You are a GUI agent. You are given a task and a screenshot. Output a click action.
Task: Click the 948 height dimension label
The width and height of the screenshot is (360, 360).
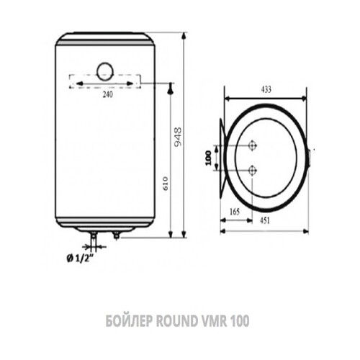tap(178, 137)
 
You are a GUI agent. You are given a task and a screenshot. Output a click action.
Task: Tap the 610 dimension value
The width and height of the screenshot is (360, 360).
tap(166, 184)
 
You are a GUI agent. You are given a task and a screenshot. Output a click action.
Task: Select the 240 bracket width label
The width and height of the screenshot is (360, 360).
tap(107, 94)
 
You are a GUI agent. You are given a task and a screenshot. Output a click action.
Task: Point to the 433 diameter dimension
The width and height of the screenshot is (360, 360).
tap(266, 89)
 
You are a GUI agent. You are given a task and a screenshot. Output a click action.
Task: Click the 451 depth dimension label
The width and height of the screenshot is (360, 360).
tap(265, 220)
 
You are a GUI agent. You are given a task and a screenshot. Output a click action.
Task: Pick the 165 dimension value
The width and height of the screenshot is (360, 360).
tap(235, 212)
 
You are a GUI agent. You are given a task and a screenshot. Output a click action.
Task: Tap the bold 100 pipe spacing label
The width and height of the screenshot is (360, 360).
tap(208, 158)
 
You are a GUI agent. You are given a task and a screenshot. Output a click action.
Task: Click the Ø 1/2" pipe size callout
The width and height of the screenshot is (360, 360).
tap(79, 258)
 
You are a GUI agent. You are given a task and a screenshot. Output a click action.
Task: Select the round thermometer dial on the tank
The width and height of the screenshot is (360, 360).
tap(105, 71)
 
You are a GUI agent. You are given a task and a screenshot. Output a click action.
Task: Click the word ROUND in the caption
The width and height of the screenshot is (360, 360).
tap(177, 321)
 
